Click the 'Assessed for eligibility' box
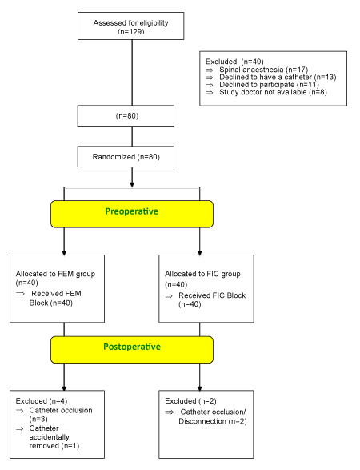[131, 26]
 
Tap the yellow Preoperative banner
[132, 214]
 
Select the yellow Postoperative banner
[132, 350]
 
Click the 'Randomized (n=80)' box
[126, 157]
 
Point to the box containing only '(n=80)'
[126, 116]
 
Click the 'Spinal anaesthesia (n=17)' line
[263, 70]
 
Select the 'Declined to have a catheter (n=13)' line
[278, 77]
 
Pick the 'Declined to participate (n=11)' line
[269, 85]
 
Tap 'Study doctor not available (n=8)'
[273, 92]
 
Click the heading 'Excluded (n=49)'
[234, 62]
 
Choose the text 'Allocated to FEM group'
[55, 274]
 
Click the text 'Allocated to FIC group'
[202, 274]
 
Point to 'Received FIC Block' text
[212, 295]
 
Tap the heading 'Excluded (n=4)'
[42, 401]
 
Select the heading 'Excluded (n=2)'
[190, 401]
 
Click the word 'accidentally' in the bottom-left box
[49, 437]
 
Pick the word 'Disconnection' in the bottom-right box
[202, 421]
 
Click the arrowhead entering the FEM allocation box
[64, 253]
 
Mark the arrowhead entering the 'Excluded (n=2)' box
[200, 388]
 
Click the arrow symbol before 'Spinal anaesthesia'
[210, 70]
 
